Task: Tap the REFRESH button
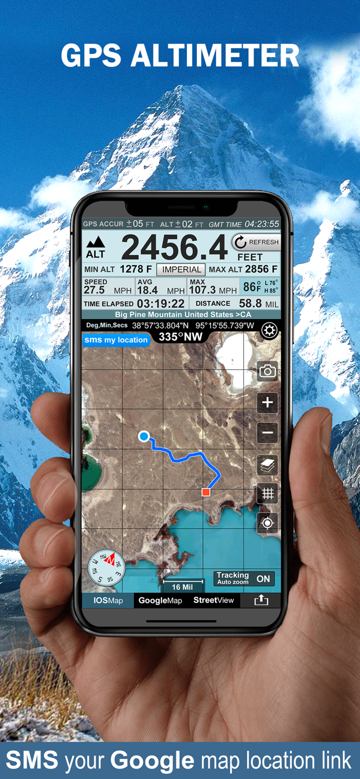tap(256, 242)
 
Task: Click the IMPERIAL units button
tap(181, 270)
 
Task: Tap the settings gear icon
tap(269, 331)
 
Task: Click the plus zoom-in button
tap(268, 402)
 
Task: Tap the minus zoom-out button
tap(268, 433)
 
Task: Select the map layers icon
tap(268, 465)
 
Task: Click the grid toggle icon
tap(268, 493)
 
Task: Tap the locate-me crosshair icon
tap(268, 523)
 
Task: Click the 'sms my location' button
tap(116, 340)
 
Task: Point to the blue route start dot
tap(144, 436)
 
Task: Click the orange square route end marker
tap(206, 492)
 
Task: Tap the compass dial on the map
tap(106, 568)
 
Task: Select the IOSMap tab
tap(108, 600)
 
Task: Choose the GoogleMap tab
tap(160, 600)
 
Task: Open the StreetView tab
tap(214, 600)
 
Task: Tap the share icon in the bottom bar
tap(261, 600)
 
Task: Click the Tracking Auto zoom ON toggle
tap(244, 579)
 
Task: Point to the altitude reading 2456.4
tap(174, 248)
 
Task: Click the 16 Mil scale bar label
tap(182, 587)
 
